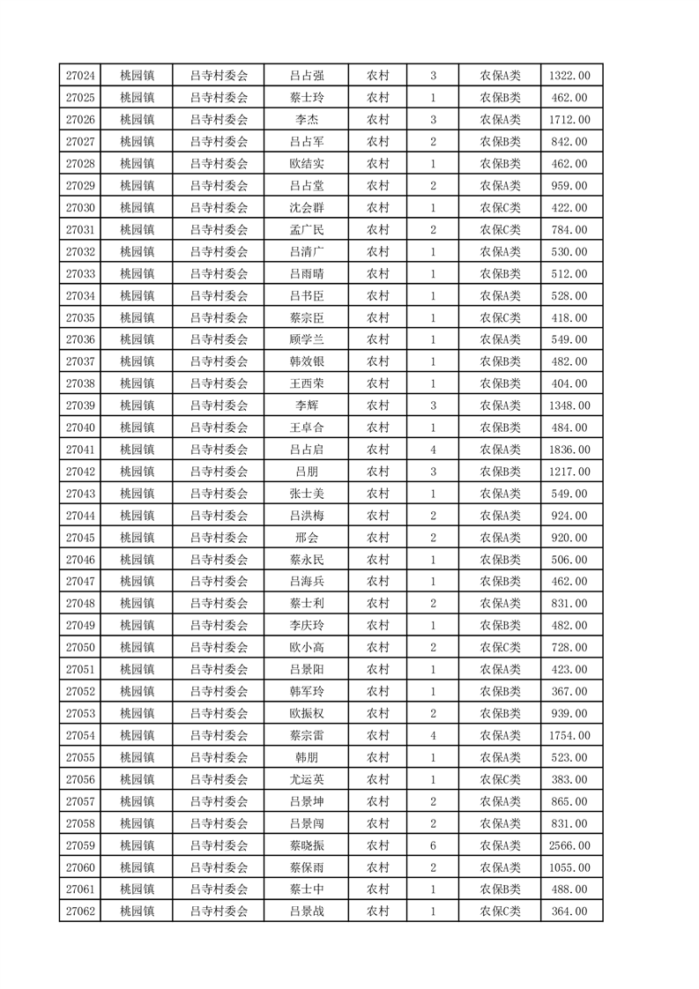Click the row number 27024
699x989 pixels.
tap(80, 76)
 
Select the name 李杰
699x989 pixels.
tap(306, 120)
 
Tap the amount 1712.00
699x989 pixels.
tap(569, 120)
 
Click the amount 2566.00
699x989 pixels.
tap(569, 845)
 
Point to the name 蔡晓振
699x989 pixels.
tap(306, 845)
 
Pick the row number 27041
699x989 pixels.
tap(80, 450)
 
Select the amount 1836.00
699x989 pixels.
tap(569, 450)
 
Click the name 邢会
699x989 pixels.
tap(306, 538)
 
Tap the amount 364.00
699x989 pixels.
tap(569, 911)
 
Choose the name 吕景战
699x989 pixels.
tap(306, 911)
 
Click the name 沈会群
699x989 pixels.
tap(306, 208)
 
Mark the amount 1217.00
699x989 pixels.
tap(569, 472)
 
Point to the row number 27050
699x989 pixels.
tap(80, 648)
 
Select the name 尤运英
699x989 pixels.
tap(306, 779)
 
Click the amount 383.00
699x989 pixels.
tap(569, 779)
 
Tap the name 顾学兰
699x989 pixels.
tap(306, 339)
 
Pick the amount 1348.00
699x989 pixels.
tap(569, 405)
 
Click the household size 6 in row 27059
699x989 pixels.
tap(433, 845)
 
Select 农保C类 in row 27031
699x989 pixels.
tap(500, 230)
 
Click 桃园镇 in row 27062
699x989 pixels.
tap(137, 911)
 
